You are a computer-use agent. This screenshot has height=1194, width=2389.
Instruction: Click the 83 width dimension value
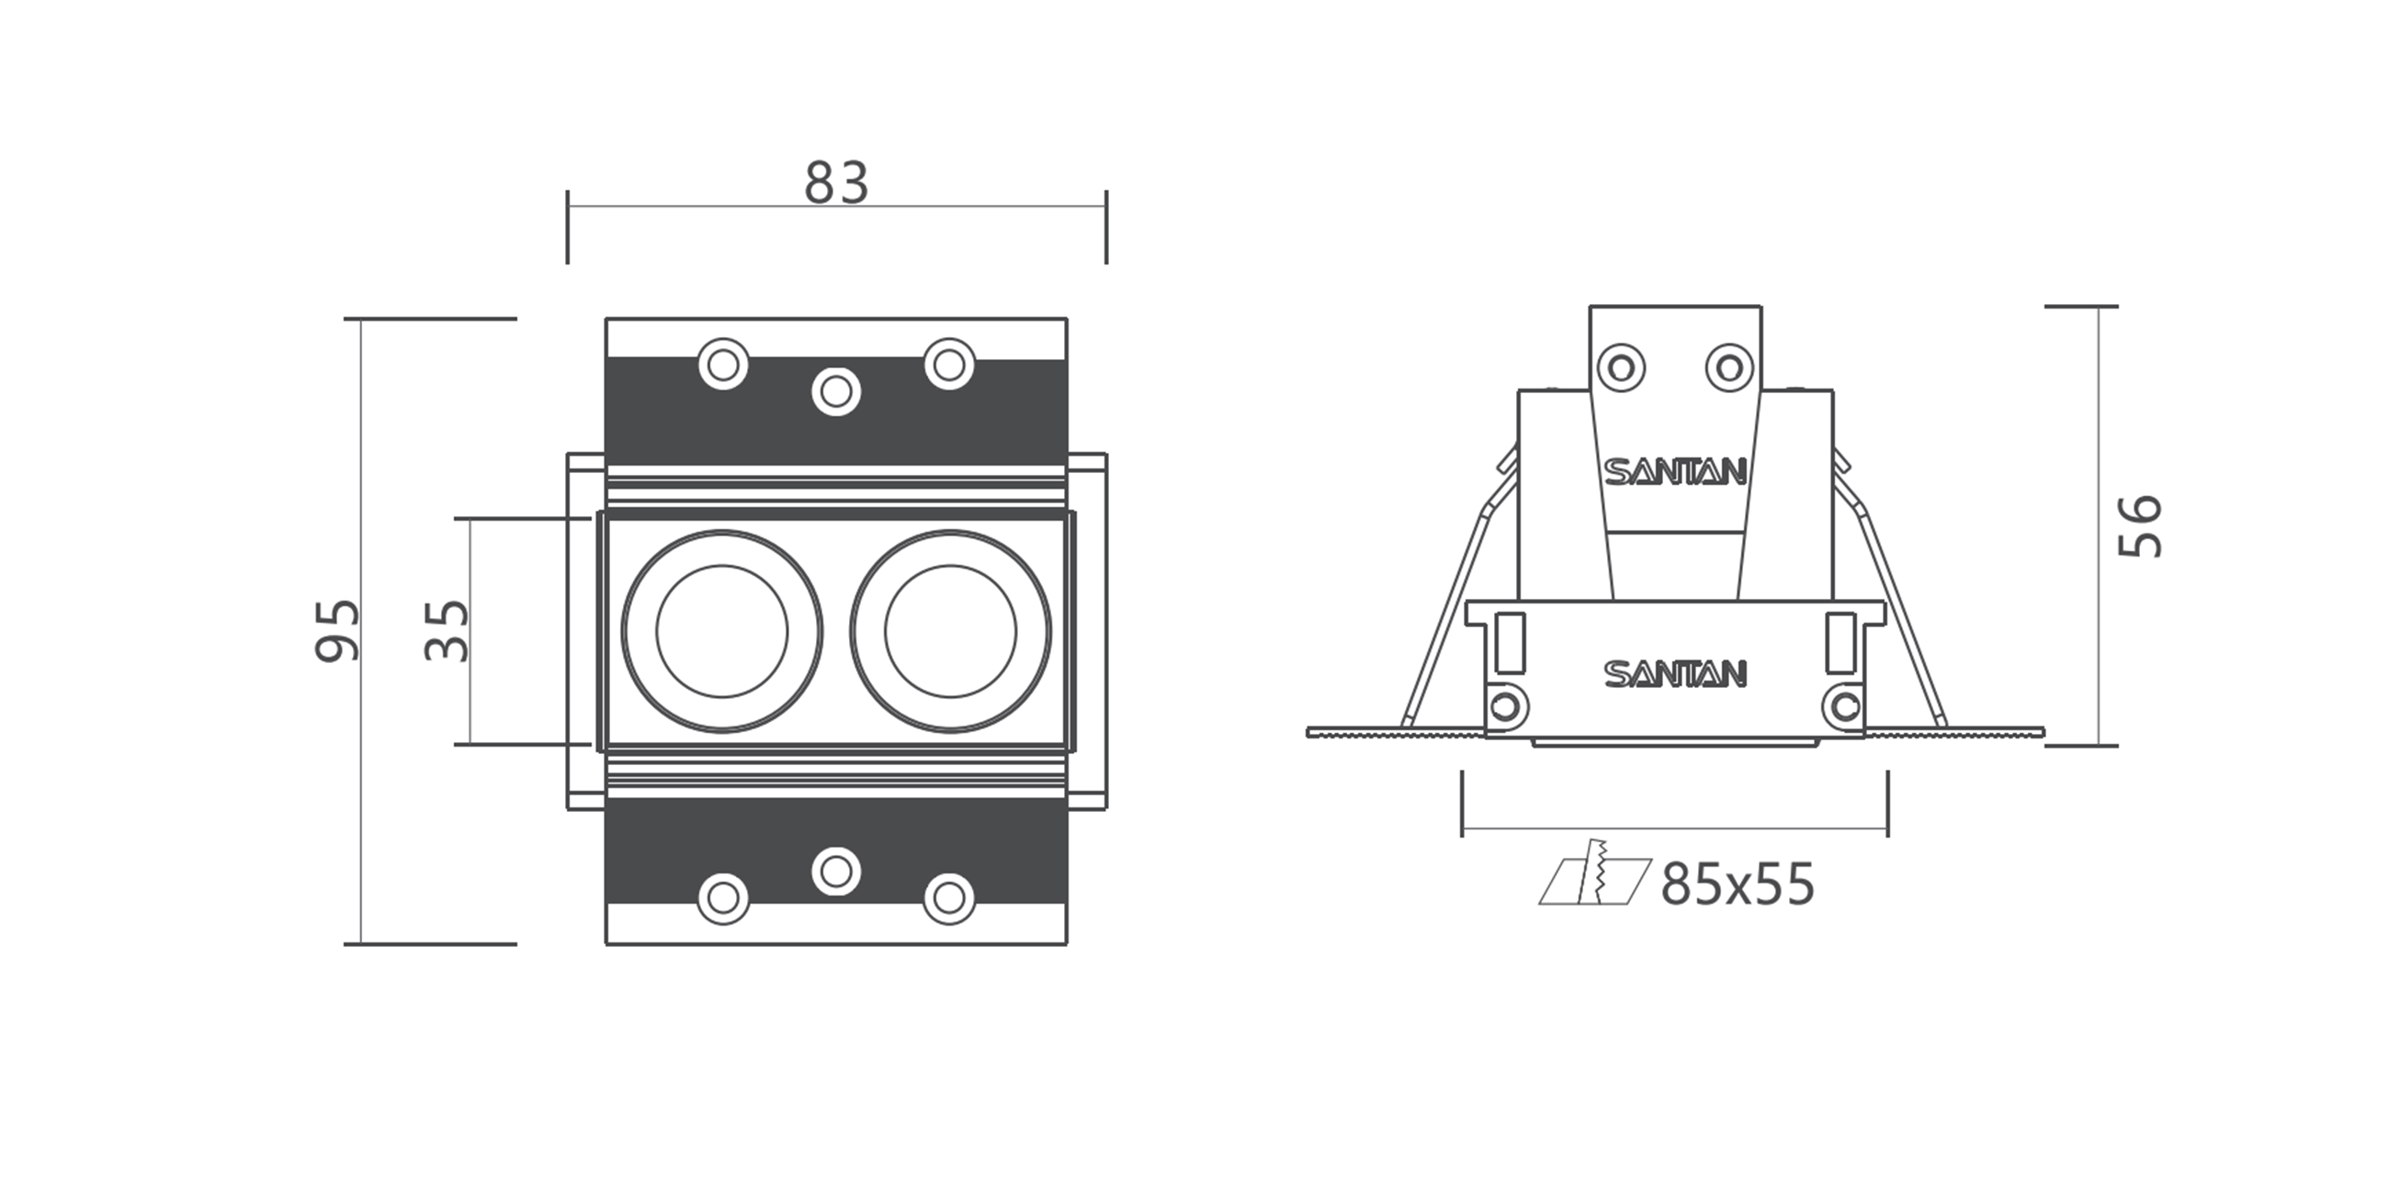[835, 184]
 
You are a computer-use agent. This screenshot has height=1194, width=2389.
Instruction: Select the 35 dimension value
[447, 630]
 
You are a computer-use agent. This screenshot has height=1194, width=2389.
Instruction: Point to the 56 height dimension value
[2142, 525]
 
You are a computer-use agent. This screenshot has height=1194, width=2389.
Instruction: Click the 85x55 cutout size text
[1737, 885]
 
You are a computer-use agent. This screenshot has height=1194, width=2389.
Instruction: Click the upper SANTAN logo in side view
[1675, 472]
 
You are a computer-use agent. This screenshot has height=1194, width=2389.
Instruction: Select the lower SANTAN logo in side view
[1675, 674]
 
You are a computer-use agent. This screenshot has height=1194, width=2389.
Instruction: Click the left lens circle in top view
[721, 631]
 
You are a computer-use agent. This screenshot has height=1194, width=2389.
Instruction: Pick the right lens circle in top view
[951, 631]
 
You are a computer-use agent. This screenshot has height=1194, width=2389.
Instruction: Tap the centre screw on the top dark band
[835, 391]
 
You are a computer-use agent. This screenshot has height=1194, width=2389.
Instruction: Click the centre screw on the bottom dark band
[835, 872]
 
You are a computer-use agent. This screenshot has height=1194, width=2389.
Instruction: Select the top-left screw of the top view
[723, 365]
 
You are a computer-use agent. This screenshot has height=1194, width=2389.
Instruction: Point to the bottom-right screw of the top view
[949, 897]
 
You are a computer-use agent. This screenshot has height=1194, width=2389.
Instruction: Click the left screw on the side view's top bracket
[1621, 367]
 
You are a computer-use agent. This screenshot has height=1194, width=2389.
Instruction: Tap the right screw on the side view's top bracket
[1728, 367]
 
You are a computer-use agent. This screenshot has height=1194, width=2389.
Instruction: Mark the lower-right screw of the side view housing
[1845, 707]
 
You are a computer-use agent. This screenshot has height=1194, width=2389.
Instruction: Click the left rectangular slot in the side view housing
[1510, 642]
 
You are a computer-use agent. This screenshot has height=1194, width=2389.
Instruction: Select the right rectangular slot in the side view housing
[1840, 642]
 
